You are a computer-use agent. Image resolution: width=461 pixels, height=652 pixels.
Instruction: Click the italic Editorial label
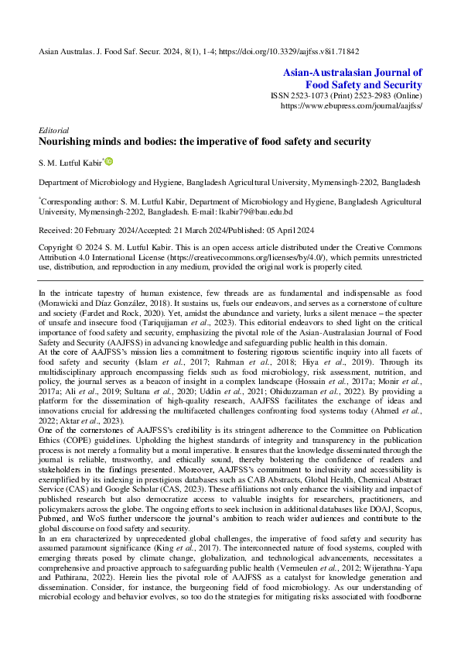coord(54,130)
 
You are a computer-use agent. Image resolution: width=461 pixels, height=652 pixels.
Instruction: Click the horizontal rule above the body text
coord(230,280)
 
